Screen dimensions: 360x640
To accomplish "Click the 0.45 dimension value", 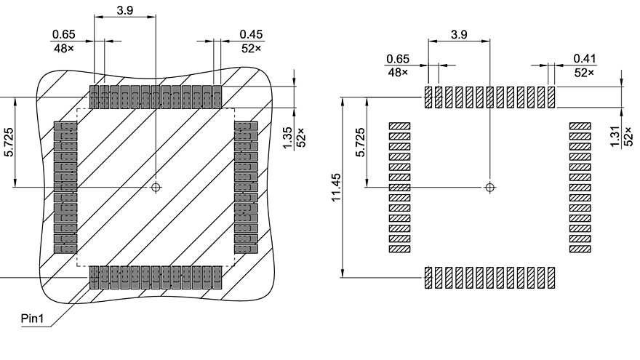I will tap(251, 34).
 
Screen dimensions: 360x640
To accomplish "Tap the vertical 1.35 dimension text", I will tap(287, 135).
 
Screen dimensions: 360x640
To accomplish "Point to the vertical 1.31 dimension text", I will tap(616, 135).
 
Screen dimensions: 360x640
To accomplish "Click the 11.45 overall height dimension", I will tap(337, 188).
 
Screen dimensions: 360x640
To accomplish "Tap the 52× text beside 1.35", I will tap(300, 135).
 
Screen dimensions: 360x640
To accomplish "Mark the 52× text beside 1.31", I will tap(629, 135).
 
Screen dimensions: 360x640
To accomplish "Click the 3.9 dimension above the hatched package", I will tap(125, 10).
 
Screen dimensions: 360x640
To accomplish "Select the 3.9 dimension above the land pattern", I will tap(459, 34).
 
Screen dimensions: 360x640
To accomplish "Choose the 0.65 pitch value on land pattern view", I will tap(398, 58).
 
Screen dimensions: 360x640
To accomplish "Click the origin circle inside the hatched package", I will tap(156, 188).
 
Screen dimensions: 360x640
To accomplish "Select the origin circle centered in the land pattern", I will tap(490, 188).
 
